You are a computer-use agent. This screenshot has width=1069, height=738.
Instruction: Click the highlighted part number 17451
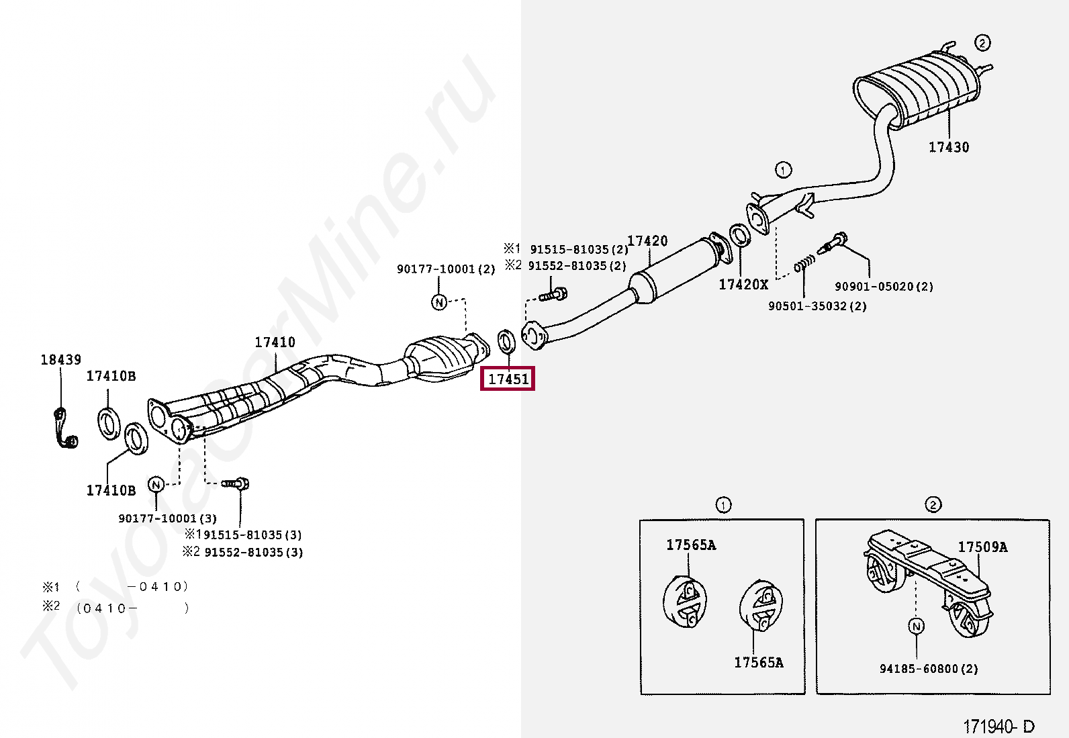coord(508,379)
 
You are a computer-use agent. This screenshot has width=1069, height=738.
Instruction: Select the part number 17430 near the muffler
coord(948,147)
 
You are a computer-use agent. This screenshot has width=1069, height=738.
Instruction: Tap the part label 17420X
coord(743,285)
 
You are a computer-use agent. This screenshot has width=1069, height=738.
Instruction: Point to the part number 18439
coord(60,360)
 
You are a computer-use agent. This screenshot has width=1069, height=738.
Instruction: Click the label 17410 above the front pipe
coord(275,342)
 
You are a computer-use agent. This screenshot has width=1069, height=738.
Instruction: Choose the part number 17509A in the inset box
coord(982,547)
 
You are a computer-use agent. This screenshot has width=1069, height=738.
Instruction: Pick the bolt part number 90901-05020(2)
coord(884,287)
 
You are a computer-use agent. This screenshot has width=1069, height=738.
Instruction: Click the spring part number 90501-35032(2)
coord(817,306)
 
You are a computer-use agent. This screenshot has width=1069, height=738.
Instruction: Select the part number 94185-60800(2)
coord(929,669)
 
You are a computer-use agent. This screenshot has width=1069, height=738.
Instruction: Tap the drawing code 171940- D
coord(998,727)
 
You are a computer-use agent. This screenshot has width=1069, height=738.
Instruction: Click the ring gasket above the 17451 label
coord(506,341)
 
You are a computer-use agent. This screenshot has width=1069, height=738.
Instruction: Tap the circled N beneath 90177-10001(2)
coord(438,302)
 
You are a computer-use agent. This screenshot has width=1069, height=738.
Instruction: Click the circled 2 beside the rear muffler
coord(982,43)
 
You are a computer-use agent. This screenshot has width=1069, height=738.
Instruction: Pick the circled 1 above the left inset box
coord(723,505)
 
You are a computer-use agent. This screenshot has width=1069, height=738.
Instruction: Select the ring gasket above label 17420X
coord(740,236)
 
